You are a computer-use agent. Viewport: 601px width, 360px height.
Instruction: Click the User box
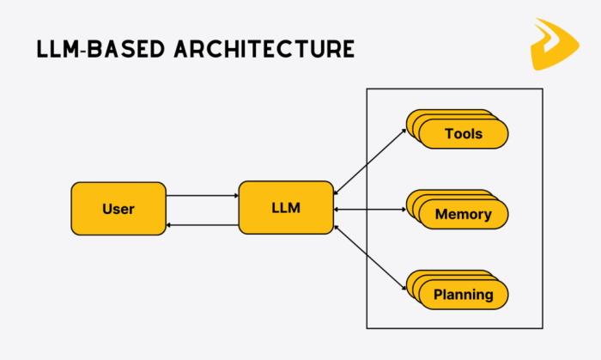point(118,209)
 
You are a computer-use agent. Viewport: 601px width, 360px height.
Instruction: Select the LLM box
point(286,207)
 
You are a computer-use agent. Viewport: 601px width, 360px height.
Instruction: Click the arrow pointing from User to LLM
point(203,196)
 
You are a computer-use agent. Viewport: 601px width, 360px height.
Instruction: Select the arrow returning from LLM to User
point(203,225)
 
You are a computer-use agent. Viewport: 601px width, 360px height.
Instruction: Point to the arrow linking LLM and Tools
point(370,162)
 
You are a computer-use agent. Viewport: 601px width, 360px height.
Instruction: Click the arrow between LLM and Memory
point(370,210)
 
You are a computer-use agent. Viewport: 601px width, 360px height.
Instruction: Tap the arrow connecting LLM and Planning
point(370,258)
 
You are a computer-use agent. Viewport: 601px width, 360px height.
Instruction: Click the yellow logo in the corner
point(555,44)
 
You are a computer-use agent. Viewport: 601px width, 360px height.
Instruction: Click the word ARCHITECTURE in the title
point(264,49)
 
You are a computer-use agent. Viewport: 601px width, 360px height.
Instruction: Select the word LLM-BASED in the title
point(100,49)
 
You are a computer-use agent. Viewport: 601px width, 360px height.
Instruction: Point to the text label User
point(118,209)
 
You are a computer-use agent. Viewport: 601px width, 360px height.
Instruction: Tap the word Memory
point(464,214)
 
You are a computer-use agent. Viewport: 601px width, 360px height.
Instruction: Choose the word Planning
point(464,295)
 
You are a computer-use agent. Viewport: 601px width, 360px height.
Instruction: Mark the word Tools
point(464,134)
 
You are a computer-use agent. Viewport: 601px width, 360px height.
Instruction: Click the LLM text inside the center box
point(286,208)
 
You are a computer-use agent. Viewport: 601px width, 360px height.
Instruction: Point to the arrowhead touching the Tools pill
point(404,131)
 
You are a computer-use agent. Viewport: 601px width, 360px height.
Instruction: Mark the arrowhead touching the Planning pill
point(404,288)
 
